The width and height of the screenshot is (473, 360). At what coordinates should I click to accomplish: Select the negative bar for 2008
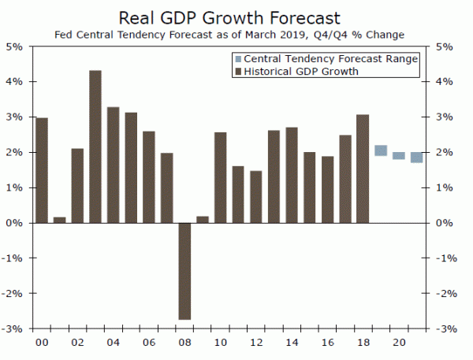(x=184, y=271)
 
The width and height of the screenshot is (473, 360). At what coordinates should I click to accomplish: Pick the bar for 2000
(x=42, y=170)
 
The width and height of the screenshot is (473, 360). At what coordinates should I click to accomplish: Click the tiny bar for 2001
(x=60, y=220)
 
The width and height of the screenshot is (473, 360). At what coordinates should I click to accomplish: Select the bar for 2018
(x=363, y=169)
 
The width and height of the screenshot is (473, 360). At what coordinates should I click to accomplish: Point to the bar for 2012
(x=255, y=197)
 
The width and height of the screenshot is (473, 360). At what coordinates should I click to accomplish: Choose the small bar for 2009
(x=203, y=219)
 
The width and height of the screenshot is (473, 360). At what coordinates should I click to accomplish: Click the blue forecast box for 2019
(x=381, y=150)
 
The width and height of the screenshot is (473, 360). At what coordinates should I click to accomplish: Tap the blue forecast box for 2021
(x=416, y=158)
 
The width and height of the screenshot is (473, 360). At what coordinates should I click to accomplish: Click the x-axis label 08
(x=184, y=343)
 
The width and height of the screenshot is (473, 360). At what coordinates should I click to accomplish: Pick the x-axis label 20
(x=399, y=343)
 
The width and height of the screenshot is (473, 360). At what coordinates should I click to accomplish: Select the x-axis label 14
(x=292, y=343)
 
